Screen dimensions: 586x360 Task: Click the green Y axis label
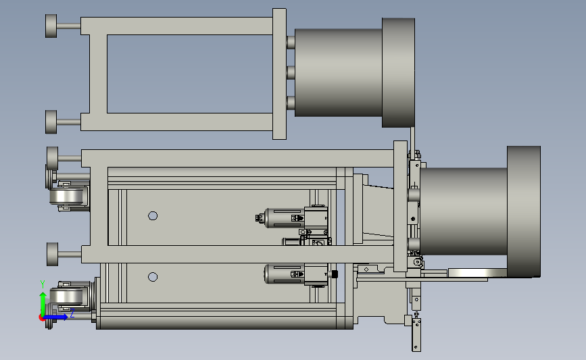click(x=43, y=284)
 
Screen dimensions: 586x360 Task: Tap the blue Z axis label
click(x=72, y=313)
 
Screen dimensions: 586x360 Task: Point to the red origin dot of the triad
click(x=42, y=318)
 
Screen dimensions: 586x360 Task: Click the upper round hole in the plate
click(x=153, y=216)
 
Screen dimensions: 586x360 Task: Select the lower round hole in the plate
click(x=153, y=277)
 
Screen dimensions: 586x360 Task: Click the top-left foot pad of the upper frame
click(x=51, y=26)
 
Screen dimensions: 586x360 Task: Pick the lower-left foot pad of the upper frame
click(x=51, y=122)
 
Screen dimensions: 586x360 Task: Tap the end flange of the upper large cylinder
click(x=398, y=72)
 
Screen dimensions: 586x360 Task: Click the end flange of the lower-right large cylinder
click(x=524, y=211)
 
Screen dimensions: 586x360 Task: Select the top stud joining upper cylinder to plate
click(x=291, y=42)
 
